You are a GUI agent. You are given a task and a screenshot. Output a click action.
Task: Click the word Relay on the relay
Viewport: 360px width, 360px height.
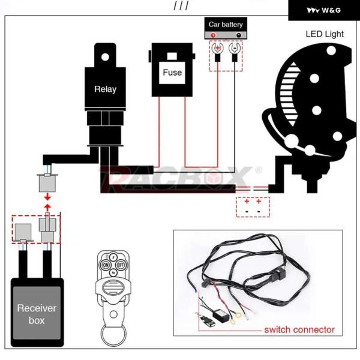[105, 89]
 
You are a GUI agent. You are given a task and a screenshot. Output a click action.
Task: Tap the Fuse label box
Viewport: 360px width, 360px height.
[172, 73]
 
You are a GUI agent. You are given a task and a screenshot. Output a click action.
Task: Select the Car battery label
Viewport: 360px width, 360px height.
[226, 25]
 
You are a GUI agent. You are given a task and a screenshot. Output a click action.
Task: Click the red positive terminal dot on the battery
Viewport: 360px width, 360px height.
[212, 37]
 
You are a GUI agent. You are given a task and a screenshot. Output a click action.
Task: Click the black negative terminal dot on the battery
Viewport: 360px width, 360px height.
[238, 37]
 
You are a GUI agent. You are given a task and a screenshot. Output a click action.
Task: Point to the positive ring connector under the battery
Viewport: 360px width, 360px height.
[217, 48]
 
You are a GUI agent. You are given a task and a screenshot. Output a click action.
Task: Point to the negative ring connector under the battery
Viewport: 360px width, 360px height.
[233, 48]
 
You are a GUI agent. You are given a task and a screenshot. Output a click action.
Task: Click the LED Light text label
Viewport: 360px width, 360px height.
[325, 34]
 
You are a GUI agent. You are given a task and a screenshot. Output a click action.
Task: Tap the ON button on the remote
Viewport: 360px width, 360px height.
[106, 265]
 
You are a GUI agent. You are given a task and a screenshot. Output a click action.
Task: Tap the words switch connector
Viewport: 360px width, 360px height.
[299, 329]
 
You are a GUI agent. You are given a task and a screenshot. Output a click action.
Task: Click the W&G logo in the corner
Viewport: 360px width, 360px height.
[323, 10]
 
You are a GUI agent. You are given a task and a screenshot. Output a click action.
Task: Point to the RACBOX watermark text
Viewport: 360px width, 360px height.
[180, 176]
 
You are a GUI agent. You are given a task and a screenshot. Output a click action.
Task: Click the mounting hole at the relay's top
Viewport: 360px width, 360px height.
[106, 57]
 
